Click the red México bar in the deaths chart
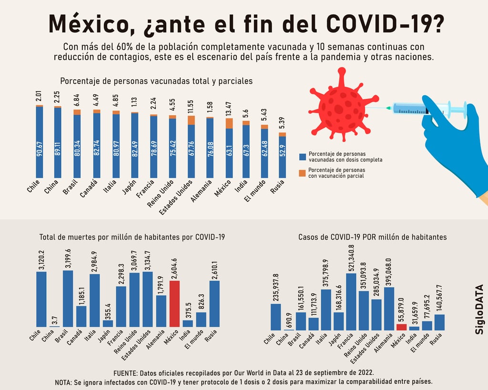(174, 303)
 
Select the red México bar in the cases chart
(402, 327)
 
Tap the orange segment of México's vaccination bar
(229, 123)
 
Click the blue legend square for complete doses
(302, 157)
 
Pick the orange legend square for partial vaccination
(302, 173)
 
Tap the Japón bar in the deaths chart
(108, 323)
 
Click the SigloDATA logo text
(479, 309)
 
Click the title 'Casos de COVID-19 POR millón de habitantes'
(372, 237)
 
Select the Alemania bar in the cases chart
(389, 308)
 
